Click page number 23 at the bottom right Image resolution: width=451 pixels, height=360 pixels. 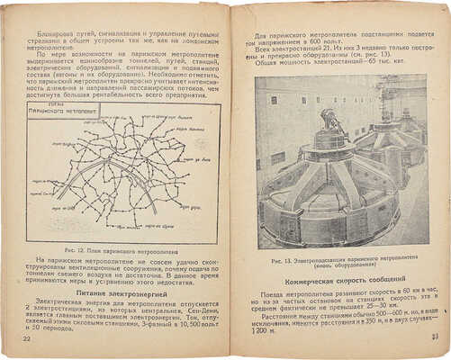click(x=433, y=337)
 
